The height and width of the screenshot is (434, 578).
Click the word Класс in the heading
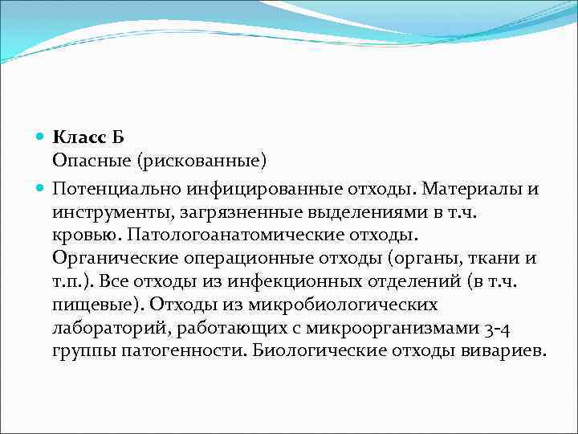click(79, 137)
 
